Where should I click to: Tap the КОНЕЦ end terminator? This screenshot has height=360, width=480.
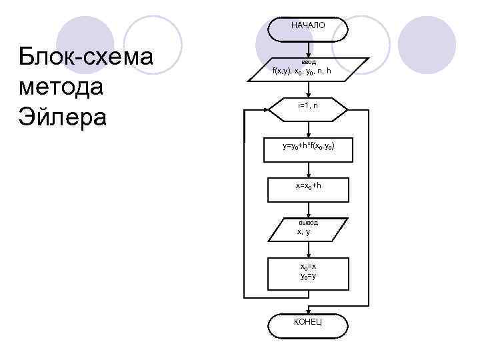coord(308,323)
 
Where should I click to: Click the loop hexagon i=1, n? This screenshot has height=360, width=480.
coord(308,107)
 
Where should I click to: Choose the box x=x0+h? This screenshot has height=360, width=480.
coord(308,188)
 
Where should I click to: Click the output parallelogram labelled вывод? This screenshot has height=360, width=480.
coord(308,229)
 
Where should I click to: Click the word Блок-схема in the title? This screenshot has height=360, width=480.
coord(87,57)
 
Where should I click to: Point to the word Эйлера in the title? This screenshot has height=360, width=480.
coord(64,117)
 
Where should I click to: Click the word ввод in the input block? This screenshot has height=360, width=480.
coord(308,62)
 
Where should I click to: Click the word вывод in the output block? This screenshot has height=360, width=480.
coord(308,222)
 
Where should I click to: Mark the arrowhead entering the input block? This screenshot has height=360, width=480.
coord(308,55)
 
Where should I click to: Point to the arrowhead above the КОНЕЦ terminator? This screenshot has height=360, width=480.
coord(308,310)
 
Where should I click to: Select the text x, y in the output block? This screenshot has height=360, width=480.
coord(304,232)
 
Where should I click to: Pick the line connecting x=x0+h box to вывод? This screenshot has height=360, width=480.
coord(308,208)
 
